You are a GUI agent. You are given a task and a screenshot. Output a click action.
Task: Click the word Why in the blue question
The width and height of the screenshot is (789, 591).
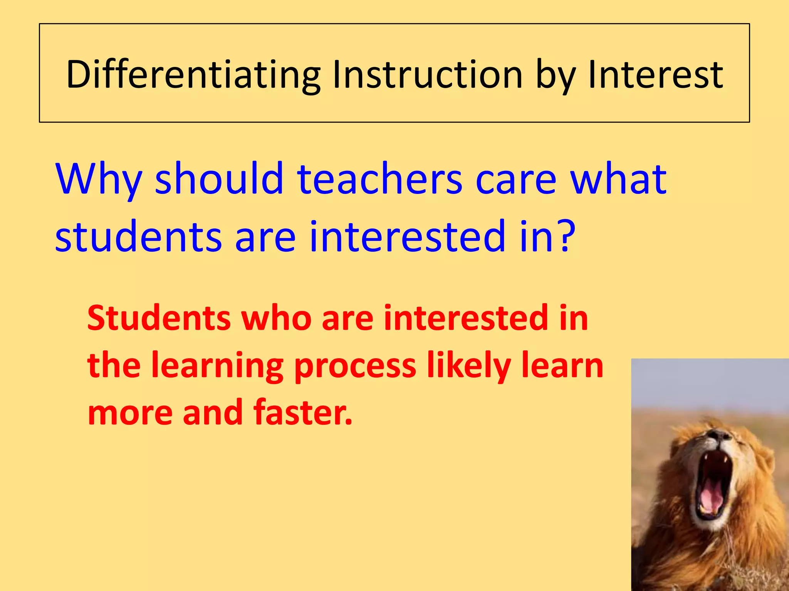(x=99, y=179)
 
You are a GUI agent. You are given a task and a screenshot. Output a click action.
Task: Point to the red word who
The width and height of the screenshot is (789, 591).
(x=276, y=318)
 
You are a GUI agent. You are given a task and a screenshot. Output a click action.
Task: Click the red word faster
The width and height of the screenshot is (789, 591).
(x=302, y=412)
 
